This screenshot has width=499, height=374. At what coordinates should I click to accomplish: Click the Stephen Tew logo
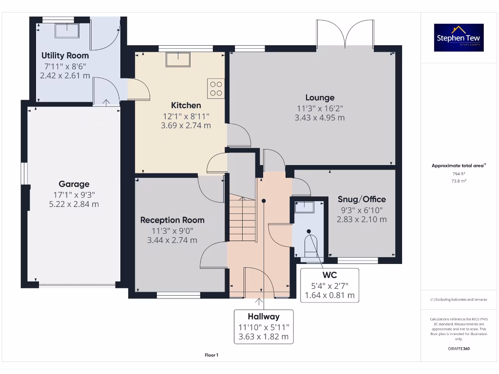pyautogui.click(x=460, y=37)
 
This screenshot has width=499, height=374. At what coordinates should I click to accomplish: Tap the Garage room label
pyautogui.click(x=74, y=184)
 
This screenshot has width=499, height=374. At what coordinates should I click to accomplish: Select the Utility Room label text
pyautogui.click(x=64, y=56)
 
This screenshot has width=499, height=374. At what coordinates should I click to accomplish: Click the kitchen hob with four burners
pyautogui.click(x=215, y=88)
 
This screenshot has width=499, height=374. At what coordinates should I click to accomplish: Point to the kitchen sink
pyautogui.click(x=178, y=59)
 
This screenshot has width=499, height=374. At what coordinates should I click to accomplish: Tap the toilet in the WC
pyautogui.click(x=309, y=242)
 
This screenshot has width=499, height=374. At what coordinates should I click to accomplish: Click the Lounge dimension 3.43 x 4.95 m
pyautogui.click(x=320, y=118)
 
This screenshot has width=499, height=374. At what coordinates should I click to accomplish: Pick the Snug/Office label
pyautogui.click(x=362, y=199)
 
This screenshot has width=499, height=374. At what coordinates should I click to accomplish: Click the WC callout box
pyautogui.click(x=329, y=285)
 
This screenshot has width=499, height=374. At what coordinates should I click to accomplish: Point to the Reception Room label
pyautogui.click(x=172, y=220)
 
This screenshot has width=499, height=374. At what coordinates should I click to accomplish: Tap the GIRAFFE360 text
pyautogui.click(x=459, y=349)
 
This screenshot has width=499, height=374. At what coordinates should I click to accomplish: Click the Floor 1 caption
pyautogui.click(x=211, y=355)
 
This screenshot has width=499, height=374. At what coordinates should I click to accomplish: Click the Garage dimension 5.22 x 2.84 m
pyautogui.click(x=74, y=204)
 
